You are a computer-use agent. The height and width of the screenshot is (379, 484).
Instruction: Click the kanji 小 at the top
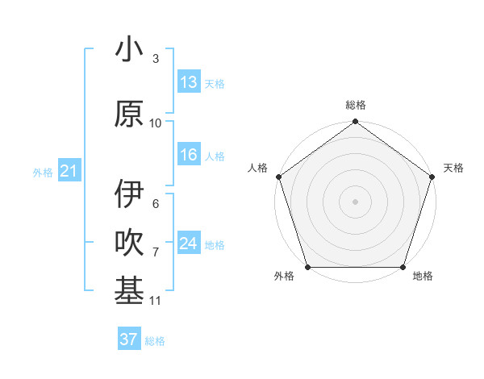coord(129,50)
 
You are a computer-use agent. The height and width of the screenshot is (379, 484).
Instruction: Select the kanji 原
coord(129,114)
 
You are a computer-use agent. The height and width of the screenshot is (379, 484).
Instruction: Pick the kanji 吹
coord(129,243)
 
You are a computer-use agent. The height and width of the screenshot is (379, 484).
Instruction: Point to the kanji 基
coord(129,291)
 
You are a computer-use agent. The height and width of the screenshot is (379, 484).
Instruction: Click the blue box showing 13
coord(189,82)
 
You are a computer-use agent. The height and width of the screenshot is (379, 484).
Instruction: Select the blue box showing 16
coord(189,155)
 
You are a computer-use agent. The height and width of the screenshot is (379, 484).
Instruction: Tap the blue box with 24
coord(189,244)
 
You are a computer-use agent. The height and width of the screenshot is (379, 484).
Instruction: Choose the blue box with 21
coord(69,171)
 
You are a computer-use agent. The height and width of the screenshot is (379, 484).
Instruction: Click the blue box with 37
coord(129,339)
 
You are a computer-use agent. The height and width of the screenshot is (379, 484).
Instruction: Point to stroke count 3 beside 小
coord(156,59)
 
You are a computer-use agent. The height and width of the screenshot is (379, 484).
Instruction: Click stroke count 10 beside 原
coord(156,123)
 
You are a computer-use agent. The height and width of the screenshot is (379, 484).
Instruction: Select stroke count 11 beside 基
coord(156,301)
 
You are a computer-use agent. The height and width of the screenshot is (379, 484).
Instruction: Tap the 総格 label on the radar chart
coord(356,105)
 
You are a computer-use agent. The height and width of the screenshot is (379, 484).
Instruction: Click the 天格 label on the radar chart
coord(453,168)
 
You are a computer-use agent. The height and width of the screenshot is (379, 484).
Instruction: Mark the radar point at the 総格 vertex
coord(356,123)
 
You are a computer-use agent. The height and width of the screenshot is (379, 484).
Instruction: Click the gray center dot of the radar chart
coord(356,201)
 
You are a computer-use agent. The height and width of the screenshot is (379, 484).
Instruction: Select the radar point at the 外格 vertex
coord(307,267)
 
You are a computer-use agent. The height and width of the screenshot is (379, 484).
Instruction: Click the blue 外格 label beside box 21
coord(43,172)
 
